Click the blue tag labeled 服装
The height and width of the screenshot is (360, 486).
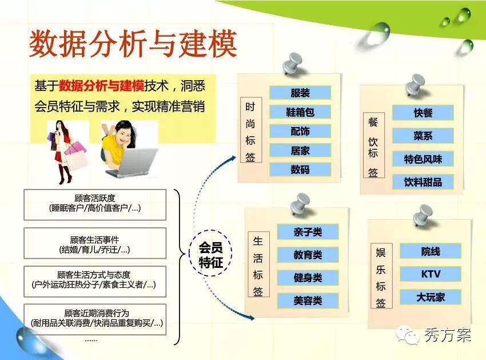(x=300, y=93)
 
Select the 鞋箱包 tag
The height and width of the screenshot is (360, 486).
(x=300, y=112)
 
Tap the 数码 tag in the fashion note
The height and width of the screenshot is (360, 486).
(x=300, y=169)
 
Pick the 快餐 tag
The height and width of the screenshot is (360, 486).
(x=423, y=113)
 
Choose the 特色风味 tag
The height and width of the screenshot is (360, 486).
(x=423, y=159)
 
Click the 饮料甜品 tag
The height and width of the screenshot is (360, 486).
(x=423, y=182)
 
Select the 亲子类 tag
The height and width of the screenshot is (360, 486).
(x=308, y=232)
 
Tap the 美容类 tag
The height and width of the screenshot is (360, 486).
(x=308, y=300)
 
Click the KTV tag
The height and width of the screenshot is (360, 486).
(x=431, y=274)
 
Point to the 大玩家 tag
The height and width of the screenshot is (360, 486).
(x=431, y=297)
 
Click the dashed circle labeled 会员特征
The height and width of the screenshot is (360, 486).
(x=211, y=230)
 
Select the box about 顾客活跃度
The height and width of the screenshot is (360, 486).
(x=95, y=205)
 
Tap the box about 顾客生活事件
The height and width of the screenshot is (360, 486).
(x=95, y=243)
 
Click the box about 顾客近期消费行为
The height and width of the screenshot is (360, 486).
(x=95, y=319)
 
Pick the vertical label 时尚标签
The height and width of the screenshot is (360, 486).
(x=251, y=130)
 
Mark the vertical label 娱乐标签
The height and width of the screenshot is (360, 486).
(x=381, y=276)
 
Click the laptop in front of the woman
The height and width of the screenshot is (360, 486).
(x=132, y=163)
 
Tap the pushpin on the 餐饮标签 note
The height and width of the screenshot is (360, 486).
(x=415, y=85)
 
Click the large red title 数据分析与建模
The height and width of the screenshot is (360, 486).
(x=133, y=43)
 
